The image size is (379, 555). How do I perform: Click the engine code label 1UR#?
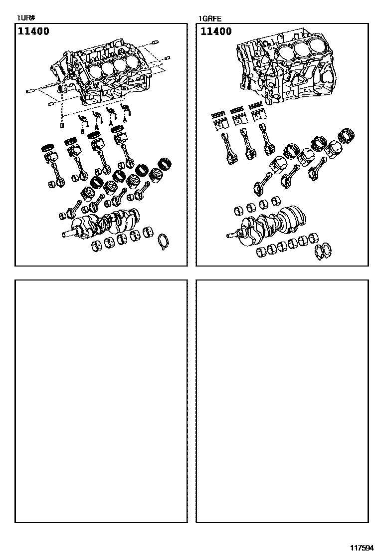coord(25,18)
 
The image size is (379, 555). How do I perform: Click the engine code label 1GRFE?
coord(209,19)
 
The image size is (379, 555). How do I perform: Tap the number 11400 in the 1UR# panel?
coord(34,31)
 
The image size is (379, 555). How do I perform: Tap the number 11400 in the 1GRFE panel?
coord(216,31)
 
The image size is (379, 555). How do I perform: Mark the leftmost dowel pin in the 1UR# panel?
coord(30,92)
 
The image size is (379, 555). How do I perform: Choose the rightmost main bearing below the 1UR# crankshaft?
coord(149,233)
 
